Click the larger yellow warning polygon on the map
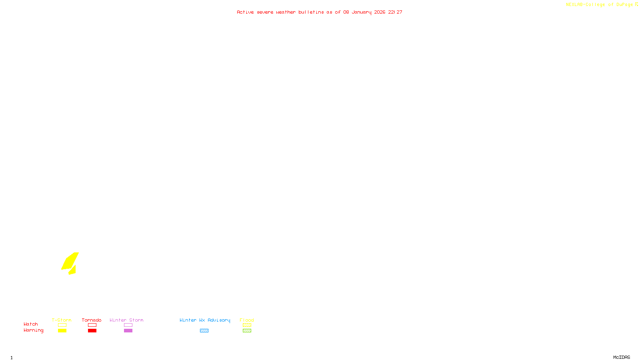point(70,261)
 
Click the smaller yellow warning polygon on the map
point(73,270)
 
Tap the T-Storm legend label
point(62,320)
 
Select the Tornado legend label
point(92,320)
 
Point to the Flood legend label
point(247,320)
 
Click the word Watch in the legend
point(31,324)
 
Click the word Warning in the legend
point(34,330)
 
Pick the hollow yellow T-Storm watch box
point(62,325)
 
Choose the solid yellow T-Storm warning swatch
point(62,331)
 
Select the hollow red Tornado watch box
point(92,325)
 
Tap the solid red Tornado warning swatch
point(92,331)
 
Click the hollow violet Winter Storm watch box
point(128,325)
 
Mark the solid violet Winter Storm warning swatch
point(128,331)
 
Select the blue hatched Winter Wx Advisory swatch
point(204,331)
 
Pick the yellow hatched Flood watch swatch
point(247,325)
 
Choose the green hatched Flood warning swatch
point(247,331)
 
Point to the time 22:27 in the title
point(395,12)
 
